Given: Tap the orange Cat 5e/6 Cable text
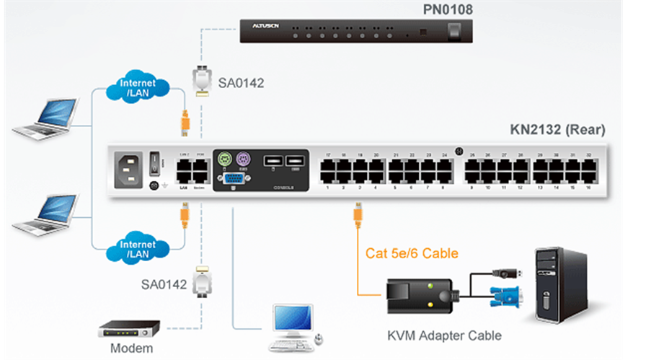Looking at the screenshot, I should point(412,253).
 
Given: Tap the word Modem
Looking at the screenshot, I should point(133,348).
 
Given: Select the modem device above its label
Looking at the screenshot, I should point(128,328).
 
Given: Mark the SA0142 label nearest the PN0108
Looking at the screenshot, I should point(241,83).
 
